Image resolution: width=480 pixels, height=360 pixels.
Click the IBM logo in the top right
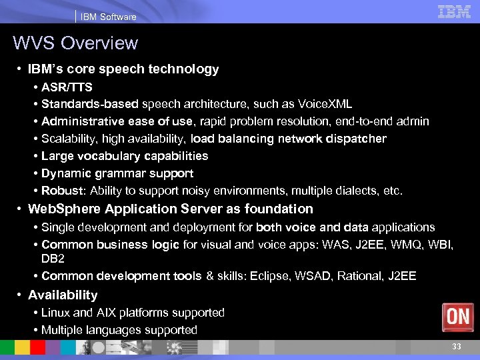click(455, 11)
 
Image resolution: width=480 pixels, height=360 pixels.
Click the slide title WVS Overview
click(75, 43)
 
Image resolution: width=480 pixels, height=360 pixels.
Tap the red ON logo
click(458, 317)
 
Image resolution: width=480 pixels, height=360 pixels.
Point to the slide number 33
click(456, 346)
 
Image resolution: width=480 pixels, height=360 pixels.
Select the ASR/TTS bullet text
click(67, 87)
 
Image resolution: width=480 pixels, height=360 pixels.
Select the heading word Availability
click(63, 295)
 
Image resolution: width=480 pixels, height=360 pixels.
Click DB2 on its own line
click(53, 258)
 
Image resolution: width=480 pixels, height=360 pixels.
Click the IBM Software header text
click(108, 17)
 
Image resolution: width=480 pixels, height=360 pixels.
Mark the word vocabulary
click(104, 156)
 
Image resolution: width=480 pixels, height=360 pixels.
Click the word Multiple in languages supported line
click(61, 330)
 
